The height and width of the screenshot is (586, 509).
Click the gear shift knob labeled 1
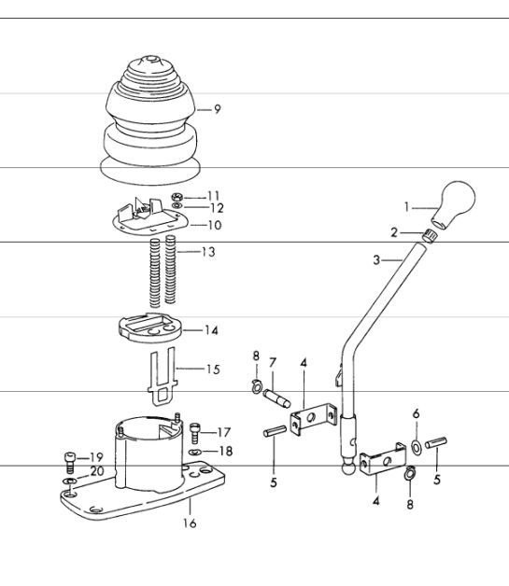(454, 204)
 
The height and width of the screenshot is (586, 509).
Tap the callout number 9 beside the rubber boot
(218, 109)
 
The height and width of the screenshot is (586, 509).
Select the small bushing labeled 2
(430, 237)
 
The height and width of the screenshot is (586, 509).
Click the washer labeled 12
(177, 206)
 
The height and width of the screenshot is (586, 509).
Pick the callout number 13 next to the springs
(208, 252)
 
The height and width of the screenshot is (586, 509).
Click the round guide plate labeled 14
(150, 328)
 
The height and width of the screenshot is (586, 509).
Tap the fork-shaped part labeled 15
(163, 376)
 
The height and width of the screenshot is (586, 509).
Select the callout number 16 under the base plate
(190, 523)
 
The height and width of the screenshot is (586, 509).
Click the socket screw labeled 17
(195, 433)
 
